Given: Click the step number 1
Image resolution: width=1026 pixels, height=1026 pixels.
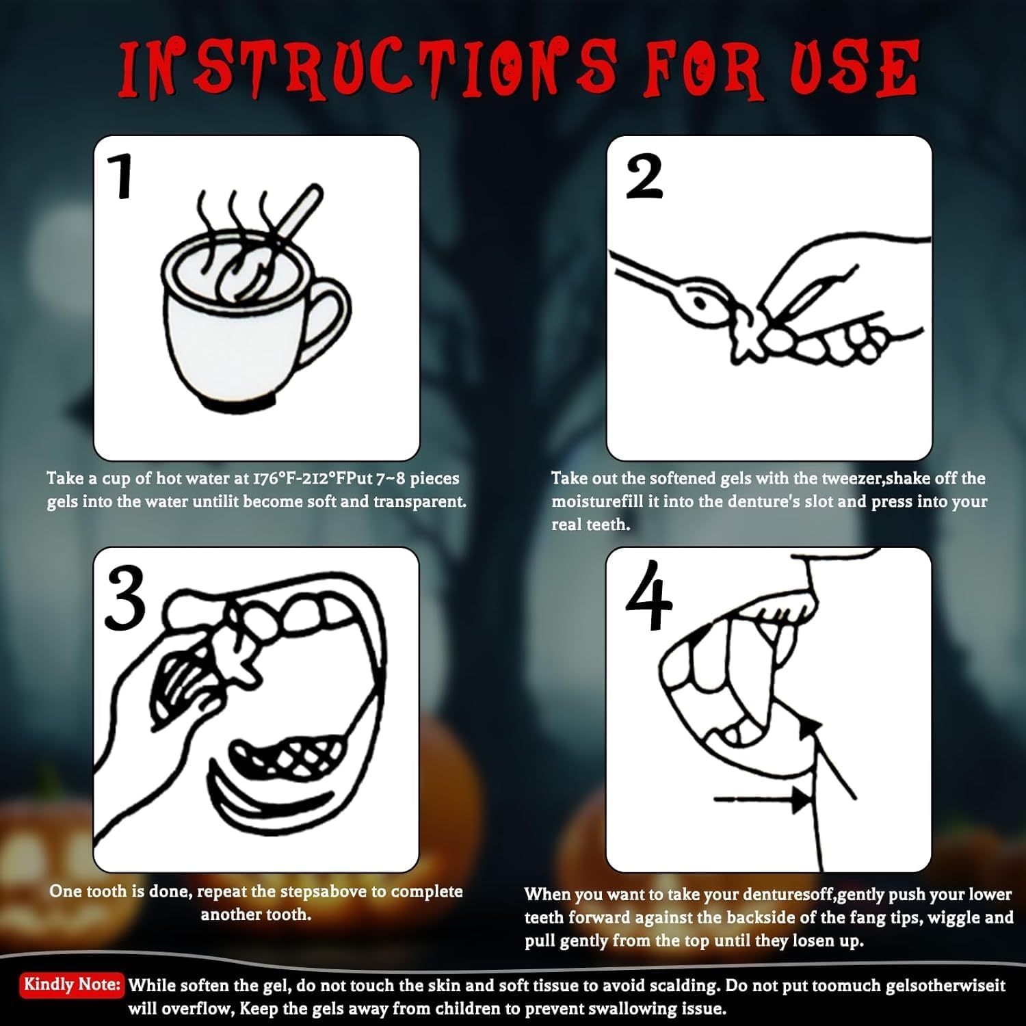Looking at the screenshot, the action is pos(122,176).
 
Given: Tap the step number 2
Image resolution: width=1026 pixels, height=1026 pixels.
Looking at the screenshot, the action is pos(644,176).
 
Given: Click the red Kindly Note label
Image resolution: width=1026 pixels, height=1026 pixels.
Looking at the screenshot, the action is pos(72,985).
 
